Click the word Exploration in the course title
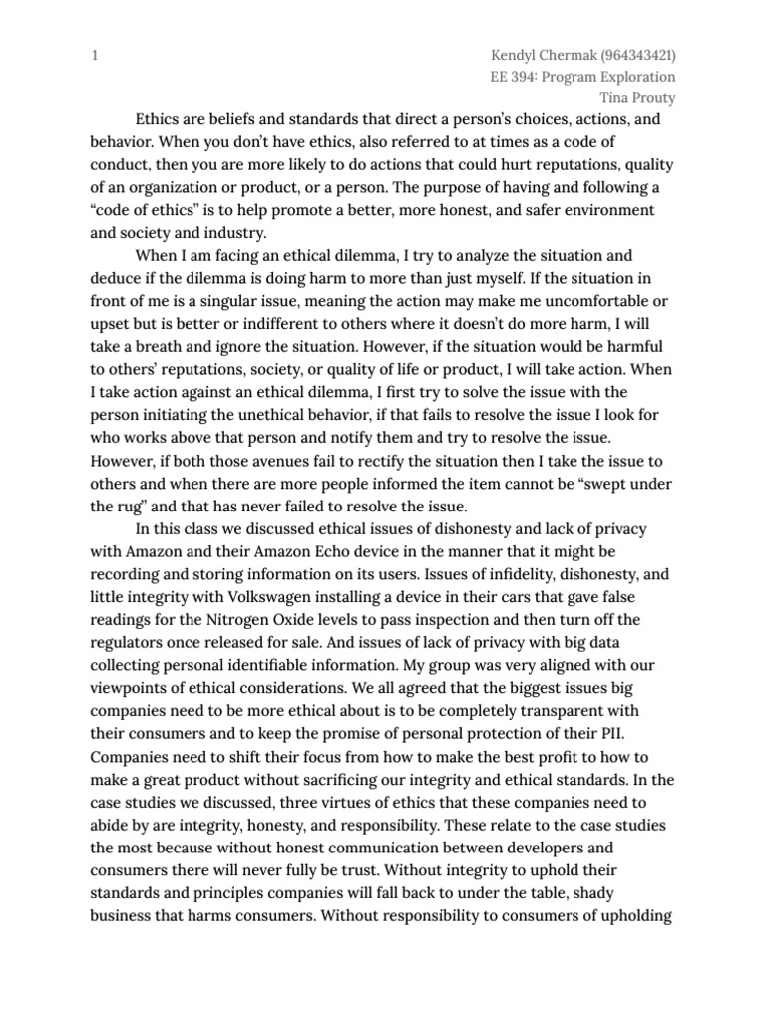[636, 77]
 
